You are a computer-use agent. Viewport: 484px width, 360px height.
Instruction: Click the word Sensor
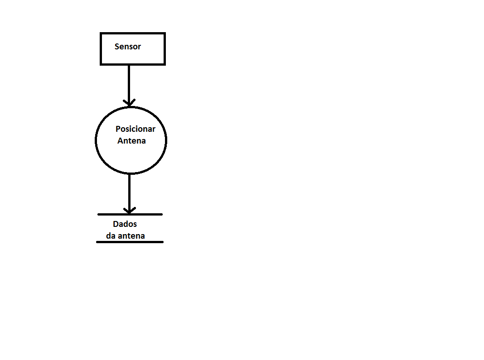pos(128,47)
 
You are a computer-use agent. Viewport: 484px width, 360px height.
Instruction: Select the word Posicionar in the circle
pos(136,129)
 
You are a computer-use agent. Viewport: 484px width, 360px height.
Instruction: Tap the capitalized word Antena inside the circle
pos(131,141)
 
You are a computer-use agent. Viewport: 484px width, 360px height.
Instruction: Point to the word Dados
pos(125,224)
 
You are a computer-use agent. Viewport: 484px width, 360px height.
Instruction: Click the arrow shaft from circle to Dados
pos(130,193)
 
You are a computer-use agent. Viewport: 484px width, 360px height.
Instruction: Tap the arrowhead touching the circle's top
pos(129,103)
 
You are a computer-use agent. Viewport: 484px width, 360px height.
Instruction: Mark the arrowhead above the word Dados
pos(130,211)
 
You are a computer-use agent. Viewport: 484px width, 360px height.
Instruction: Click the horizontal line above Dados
pos(130,214)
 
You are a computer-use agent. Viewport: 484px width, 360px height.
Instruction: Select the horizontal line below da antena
pos(130,242)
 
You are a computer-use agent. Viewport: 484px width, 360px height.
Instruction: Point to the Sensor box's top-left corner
pos(101,33)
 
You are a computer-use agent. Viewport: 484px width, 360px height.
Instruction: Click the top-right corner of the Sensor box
pos(165,33)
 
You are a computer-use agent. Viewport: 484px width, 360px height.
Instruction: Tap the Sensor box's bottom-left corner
pos(101,64)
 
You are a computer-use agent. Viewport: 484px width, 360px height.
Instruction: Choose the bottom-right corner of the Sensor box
pos(165,64)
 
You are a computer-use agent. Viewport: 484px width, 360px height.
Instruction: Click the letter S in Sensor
pos(117,47)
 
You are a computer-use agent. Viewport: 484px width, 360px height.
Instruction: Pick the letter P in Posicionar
pos(118,129)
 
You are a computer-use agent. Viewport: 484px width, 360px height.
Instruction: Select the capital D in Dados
pos(116,224)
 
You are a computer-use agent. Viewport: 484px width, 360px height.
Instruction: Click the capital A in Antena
pos(120,141)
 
